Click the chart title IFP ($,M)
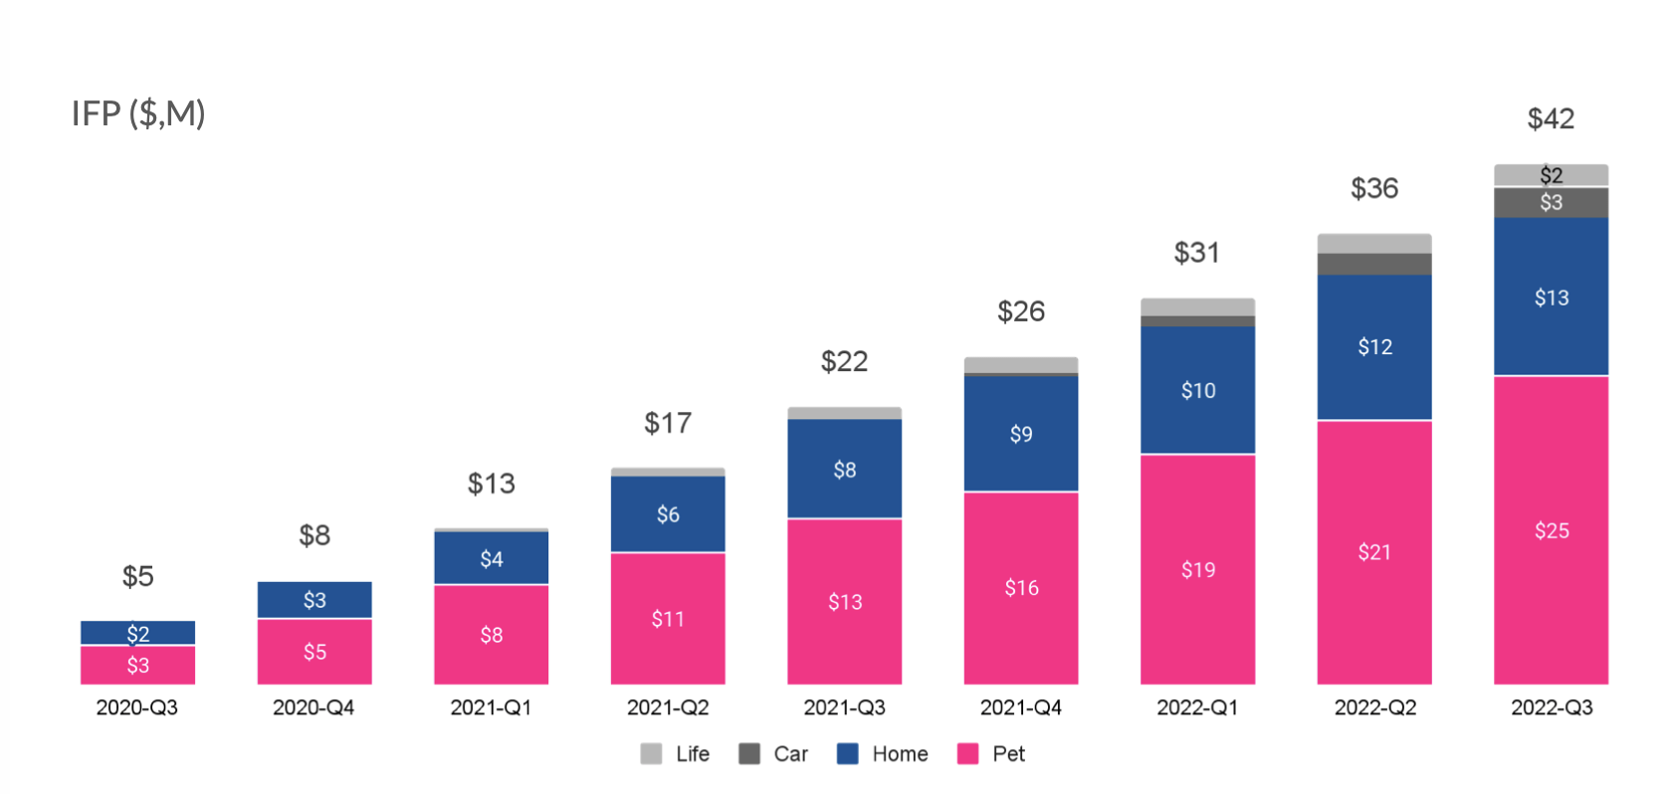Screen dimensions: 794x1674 [138, 113]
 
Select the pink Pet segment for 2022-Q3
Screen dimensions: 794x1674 [1551, 529]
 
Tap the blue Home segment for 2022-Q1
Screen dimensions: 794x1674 [1197, 390]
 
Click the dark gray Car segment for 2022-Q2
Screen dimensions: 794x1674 [1374, 264]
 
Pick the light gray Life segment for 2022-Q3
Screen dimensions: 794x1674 [1551, 175]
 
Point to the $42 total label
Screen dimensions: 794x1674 [1551, 119]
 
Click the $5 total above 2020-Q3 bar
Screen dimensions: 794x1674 [137, 576]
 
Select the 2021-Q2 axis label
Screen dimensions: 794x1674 [668, 707]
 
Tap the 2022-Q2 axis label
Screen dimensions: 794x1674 [1374, 707]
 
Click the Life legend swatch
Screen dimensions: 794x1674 [651, 753]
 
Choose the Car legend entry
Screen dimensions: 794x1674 [774, 753]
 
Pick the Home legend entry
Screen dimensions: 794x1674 [884, 753]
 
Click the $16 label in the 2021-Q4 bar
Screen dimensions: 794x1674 [1021, 588]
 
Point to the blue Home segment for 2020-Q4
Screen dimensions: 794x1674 [314, 600]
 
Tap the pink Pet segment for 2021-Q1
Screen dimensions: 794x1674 [491, 635]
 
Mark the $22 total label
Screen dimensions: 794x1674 [844, 361]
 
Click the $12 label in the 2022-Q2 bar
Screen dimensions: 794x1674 [1374, 347]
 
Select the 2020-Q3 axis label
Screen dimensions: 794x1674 [137, 707]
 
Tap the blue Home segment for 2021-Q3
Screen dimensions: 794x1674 [844, 469]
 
